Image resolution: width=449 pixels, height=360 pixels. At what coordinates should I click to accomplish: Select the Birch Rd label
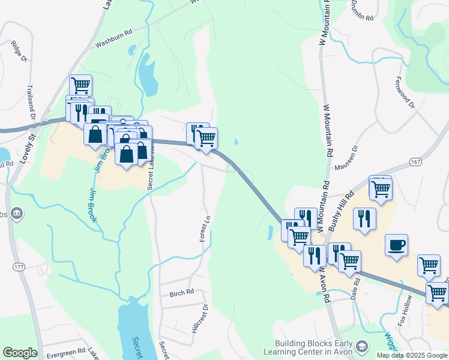click(182, 293)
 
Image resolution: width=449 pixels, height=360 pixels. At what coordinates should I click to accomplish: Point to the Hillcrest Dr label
click(199, 318)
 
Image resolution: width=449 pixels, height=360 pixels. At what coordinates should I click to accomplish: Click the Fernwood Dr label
click(405, 92)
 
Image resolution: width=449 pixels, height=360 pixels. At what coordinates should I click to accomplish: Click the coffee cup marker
click(396, 245)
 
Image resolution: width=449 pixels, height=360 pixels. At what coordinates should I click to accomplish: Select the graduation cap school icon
click(362, 346)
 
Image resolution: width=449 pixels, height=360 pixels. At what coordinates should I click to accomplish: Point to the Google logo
click(20, 353)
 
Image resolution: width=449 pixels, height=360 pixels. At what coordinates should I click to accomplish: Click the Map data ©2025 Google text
click(412, 355)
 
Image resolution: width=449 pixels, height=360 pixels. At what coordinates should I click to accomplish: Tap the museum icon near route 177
click(17, 213)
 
